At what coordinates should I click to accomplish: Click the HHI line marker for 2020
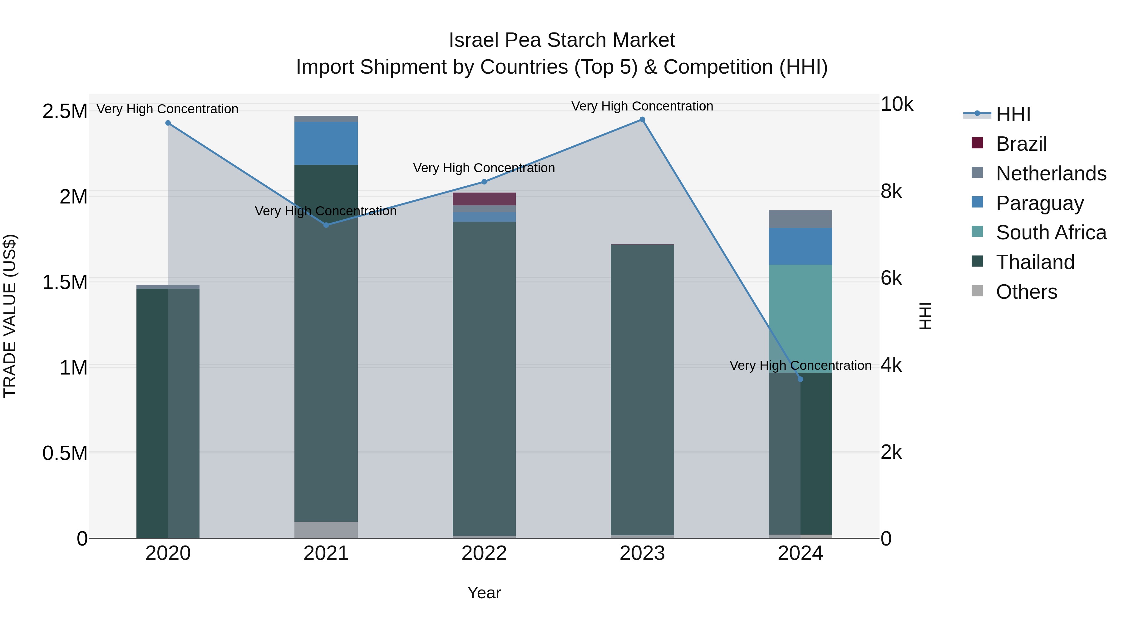pos(168,123)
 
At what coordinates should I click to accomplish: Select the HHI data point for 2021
pos(326,225)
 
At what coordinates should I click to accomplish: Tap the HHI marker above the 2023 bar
pos(642,120)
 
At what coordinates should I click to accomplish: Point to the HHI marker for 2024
pos(800,379)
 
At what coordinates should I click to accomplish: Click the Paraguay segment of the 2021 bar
pos(326,143)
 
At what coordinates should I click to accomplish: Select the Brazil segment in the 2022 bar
pos(484,199)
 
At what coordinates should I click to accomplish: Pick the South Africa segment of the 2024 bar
pos(800,318)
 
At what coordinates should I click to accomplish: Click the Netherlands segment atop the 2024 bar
pos(800,219)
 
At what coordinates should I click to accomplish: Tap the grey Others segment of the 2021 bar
pos(326,530)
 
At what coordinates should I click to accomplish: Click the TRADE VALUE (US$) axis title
pos(10,316)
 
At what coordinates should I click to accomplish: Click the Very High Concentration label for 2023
pos(642,106)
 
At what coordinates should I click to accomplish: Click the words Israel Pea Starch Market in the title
pos(562,40)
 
